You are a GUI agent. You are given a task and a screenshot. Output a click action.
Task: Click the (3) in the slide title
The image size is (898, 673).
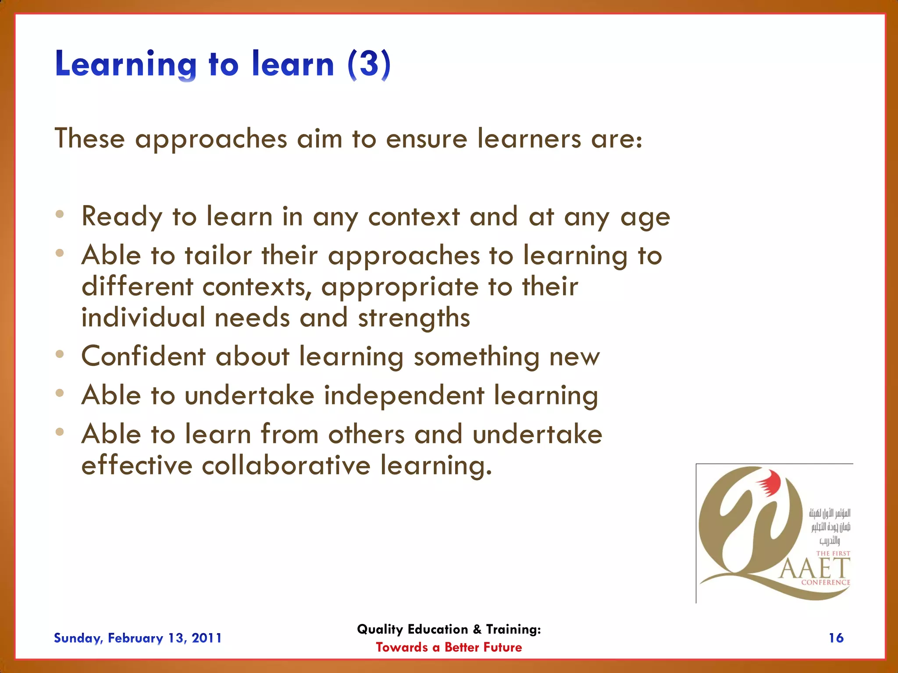pos(369,64)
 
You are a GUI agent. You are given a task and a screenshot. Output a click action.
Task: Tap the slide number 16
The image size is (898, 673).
pos(836,638)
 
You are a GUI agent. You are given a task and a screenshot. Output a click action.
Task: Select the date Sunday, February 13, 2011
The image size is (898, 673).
pos(138,638)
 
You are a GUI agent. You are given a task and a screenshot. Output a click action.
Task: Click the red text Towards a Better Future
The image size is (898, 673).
pos(449,648)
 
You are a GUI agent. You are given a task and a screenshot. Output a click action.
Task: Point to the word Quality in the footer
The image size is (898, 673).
pos(380,629)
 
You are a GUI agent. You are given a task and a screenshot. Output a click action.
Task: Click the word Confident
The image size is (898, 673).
pos(143,356)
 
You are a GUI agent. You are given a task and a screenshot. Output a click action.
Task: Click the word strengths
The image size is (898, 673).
pos(414,317)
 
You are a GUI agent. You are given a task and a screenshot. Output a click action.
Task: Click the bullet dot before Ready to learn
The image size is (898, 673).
pos(60,214)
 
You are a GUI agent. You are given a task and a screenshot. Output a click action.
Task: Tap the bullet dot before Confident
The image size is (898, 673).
pos(60,354)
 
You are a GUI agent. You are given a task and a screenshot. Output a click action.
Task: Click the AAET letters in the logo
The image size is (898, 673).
pos(814,569)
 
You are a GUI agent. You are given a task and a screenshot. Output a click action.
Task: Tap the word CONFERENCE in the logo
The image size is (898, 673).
pos(825,582)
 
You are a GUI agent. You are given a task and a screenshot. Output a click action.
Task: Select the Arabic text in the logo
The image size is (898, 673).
pos(830,526)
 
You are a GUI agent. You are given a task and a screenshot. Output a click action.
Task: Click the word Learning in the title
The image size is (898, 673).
pos(126,64)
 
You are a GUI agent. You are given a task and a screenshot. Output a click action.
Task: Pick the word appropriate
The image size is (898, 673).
pos(399,287)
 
